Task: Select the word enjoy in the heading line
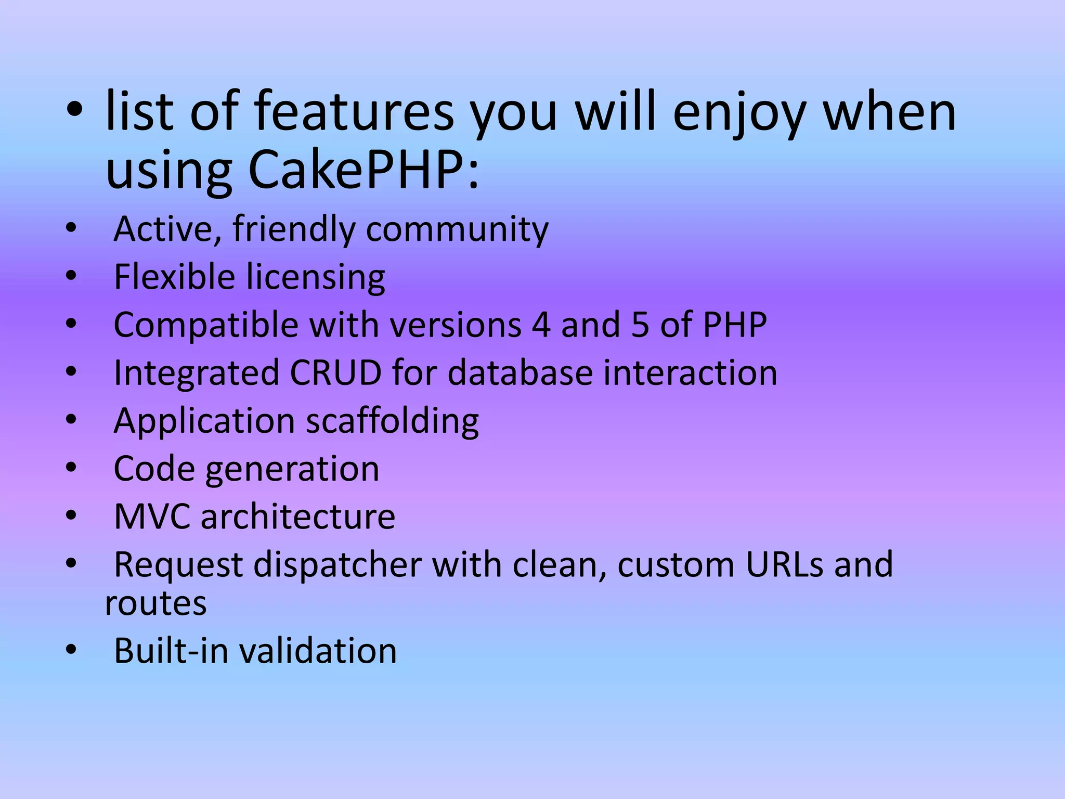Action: (739, 112)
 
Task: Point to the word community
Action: (457, 230)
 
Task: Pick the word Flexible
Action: (174, 277)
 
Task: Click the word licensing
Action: (316, 278)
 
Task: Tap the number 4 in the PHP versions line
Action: (541, 325)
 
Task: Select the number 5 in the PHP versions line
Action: (640, 325)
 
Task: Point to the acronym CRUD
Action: (336, 373)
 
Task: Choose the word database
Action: (520, 373)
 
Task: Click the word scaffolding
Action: (392, 421)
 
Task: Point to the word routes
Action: (156, 604)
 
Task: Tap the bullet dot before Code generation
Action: (71, 467)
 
